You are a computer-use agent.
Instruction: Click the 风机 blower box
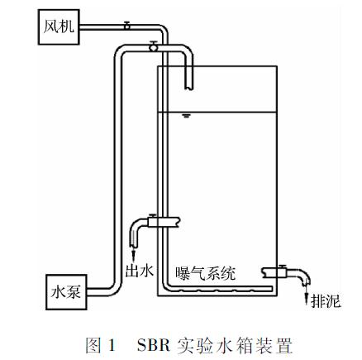coord(59,27)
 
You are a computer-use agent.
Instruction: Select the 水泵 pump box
coord(66,292)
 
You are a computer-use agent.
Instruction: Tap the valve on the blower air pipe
coord(127,26)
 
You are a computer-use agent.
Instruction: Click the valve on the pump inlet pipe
coord(153,46)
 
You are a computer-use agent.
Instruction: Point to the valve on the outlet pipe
coord(152,221)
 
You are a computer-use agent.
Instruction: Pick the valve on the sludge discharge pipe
coord(282,271)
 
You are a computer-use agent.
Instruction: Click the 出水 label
coord(139,271)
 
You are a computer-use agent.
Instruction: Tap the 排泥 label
coord(326,300)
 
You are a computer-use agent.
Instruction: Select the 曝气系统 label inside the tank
coord(206,274)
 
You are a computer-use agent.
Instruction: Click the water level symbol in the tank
coord(187,115)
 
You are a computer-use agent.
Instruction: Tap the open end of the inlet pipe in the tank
coord(188,89)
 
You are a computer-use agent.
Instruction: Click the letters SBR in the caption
coord(154,345)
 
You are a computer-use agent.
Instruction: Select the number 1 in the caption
coord(112,345)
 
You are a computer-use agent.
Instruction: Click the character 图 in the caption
coord(93,345)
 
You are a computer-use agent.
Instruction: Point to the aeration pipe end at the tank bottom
coord(272,289)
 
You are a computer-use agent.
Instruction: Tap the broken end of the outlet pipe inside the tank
coord(179,222)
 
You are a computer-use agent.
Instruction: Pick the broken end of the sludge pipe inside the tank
coord(264,272)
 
